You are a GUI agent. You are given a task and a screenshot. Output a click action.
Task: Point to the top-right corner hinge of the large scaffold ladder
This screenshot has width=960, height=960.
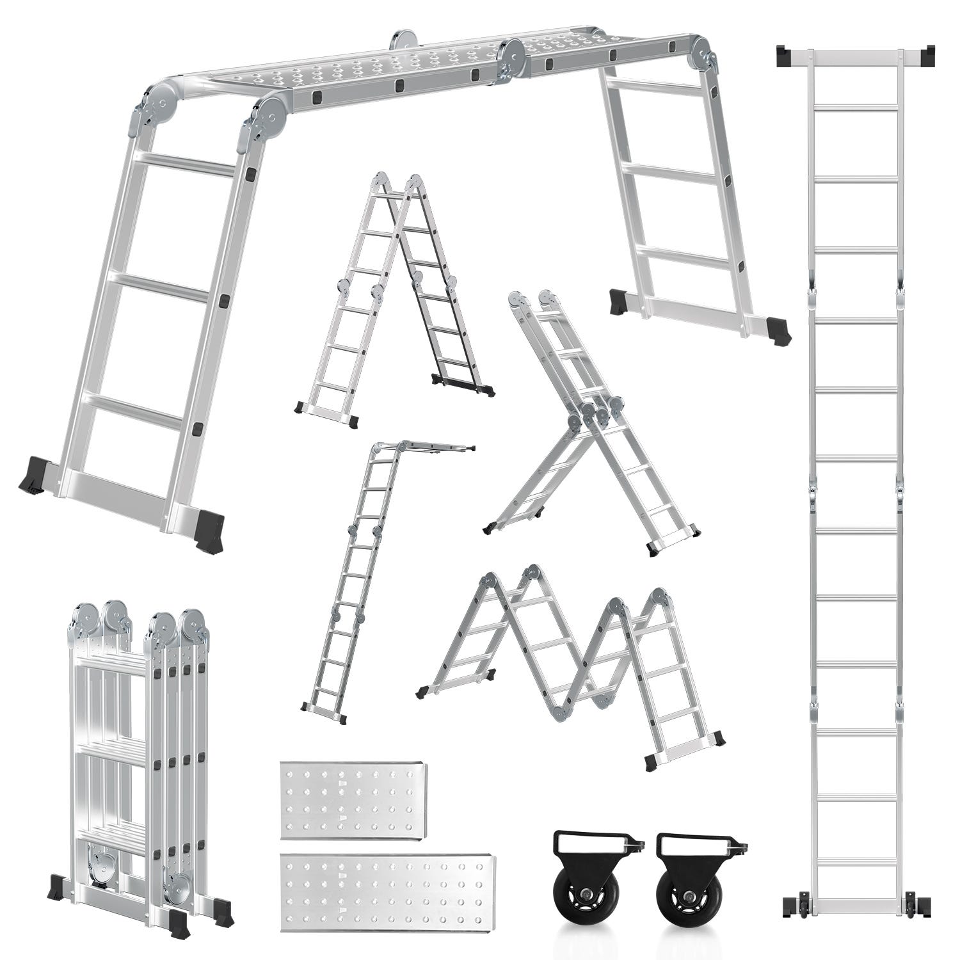point(704,54)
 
